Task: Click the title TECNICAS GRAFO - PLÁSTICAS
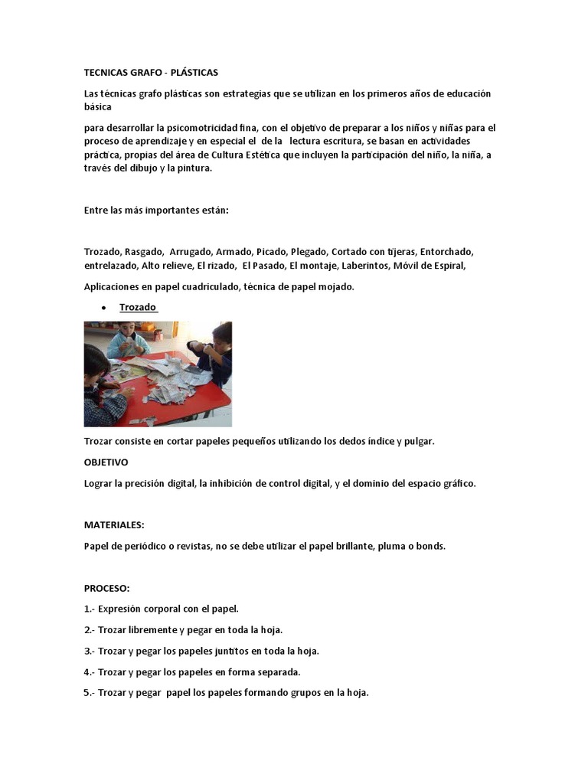click(151, 73)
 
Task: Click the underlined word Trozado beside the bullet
click(138, 308)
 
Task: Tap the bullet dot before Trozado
click(103, 309)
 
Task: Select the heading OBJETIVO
click(106, 462)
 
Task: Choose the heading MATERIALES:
click(114, 525)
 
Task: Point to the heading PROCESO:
click(106, 588)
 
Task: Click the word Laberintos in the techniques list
click(366, 266)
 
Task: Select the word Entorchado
click(446, 252)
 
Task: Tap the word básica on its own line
click(98, 107)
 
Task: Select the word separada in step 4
click(276, 672)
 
